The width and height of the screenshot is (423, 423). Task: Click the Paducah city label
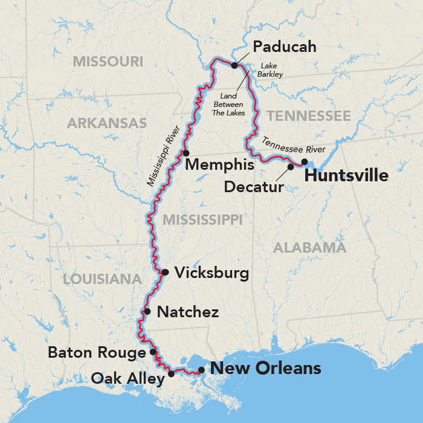(x=284, y=47)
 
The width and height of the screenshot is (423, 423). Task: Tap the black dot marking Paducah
(x=234, y=64)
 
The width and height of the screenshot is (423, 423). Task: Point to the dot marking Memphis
(x=186, y=153)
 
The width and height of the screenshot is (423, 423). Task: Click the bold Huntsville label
(x=346, y=176)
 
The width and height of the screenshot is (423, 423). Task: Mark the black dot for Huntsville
(x=305, y=161)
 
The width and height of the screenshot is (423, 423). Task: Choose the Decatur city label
(x=254, y=187)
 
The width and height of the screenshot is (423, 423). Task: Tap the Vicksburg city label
(x=211, y=273)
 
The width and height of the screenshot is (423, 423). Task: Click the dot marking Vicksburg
(x=165, y=272)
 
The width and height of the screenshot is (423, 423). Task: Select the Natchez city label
(x=187, y=312)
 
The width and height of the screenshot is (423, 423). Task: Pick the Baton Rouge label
(x=97, y=352)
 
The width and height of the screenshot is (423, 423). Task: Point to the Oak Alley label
(x=128, y=379)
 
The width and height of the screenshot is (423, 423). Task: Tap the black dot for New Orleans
(x=201, y=370)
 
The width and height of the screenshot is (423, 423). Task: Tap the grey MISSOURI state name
(x=108, y=61)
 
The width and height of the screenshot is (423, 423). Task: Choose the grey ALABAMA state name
(x=309, y=247)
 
